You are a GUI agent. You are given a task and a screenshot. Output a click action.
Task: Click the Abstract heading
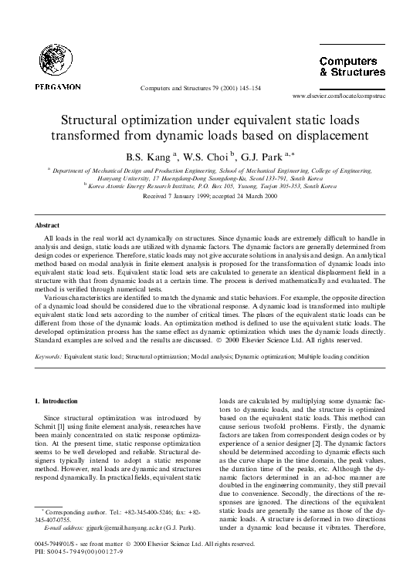tap(47, 224)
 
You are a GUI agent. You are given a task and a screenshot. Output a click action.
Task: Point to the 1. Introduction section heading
tap(58, 401)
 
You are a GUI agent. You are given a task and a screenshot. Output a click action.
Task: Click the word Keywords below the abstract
tap(50, 357)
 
